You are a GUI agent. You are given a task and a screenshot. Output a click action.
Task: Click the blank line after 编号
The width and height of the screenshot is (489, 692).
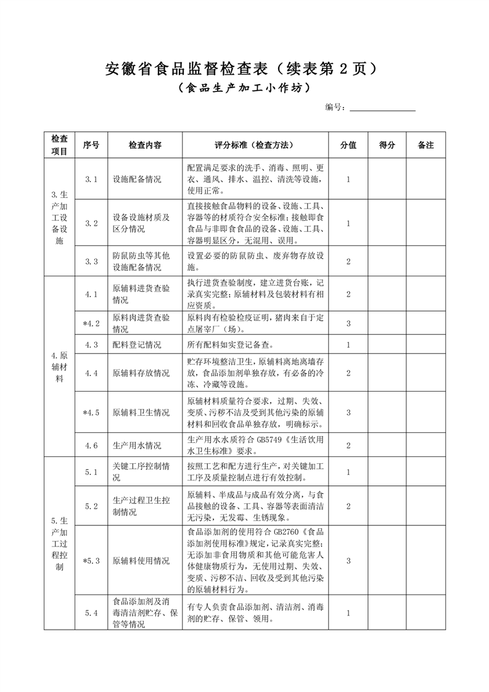click(382, 107)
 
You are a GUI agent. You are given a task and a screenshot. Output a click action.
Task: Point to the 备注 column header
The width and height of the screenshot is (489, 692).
click(425, 145)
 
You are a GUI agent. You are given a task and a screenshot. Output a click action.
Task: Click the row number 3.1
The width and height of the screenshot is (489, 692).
click(91, 179)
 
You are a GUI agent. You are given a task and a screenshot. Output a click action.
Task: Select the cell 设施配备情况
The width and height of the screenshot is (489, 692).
click(137, 179)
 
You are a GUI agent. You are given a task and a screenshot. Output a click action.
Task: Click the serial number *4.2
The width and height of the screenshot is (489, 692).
click(91, 323)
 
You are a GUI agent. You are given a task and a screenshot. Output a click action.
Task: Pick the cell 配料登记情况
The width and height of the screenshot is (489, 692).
click(137, 345)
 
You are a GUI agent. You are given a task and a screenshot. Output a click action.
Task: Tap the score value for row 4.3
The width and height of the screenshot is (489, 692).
click(348, 345)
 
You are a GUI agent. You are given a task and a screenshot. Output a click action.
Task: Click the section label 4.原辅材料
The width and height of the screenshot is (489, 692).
click(59, 367)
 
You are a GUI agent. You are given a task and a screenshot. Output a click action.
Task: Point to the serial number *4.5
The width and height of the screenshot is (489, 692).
click(91, 413)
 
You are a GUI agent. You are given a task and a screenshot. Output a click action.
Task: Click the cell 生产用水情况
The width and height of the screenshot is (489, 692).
click(137, 445)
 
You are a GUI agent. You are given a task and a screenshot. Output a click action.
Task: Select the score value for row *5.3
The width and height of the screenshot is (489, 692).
click(348, 561)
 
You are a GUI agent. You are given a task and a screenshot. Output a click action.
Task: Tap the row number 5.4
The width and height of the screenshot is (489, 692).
click(91, 613)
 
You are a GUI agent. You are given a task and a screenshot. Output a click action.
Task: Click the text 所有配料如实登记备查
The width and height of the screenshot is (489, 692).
click(229, 345)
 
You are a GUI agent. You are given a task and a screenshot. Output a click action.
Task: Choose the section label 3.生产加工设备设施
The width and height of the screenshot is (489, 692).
click(59, 217)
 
